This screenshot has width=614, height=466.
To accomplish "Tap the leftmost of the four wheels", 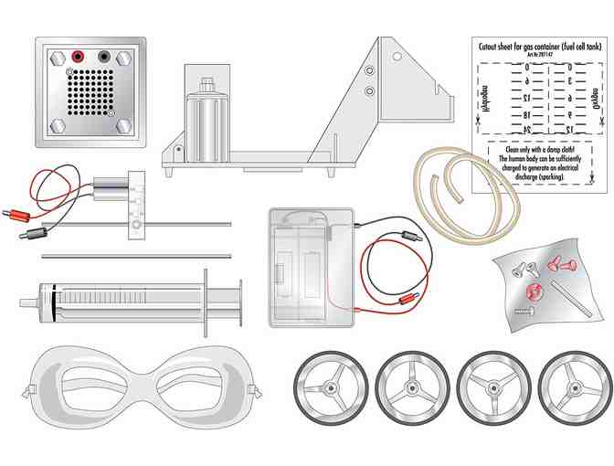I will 331,387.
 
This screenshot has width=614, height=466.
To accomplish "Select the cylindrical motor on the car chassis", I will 206,114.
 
